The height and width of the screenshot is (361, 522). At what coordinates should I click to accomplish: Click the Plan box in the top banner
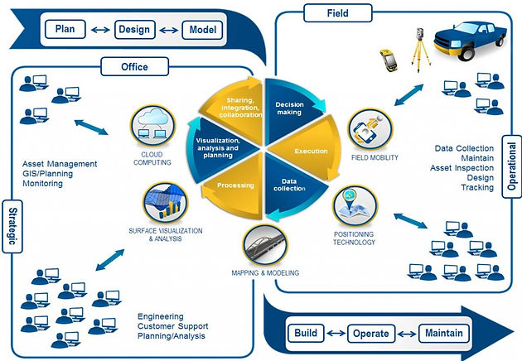click(65, 29)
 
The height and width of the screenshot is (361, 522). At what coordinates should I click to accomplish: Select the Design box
click(134, 30)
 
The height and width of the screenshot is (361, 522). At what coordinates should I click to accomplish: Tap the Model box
click(202, 30)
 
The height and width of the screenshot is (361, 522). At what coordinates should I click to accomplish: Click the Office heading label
click(134, 66)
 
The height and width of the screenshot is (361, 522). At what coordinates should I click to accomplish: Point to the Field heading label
click(338, 13)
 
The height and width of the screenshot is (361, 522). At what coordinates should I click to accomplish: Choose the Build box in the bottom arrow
click(306, 333)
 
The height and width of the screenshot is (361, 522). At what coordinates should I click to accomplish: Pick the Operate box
click(371, 334)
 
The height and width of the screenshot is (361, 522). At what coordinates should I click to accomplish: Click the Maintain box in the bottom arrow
click(444, 334)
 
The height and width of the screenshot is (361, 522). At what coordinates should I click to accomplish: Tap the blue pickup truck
click(470, 41)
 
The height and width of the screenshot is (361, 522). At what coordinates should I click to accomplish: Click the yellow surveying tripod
click(420, 50)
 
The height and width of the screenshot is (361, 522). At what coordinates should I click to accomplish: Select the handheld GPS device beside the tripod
click(389, 60)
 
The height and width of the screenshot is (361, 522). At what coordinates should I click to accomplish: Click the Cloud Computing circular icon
click(152, 126)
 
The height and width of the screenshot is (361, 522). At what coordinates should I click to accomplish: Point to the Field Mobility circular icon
click(370, 129)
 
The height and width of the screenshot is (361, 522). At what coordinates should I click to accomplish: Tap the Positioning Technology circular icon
click(355, 206)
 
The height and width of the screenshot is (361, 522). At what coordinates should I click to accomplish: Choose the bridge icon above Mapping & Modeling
click(265, 246)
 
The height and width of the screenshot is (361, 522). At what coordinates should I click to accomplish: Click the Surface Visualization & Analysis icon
click(166, 203)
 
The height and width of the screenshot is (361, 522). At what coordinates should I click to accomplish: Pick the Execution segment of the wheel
click(308, 149)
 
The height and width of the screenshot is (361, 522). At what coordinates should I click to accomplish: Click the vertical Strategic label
click(12, 226)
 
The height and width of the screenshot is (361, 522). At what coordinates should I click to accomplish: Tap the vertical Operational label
click(512, 166)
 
